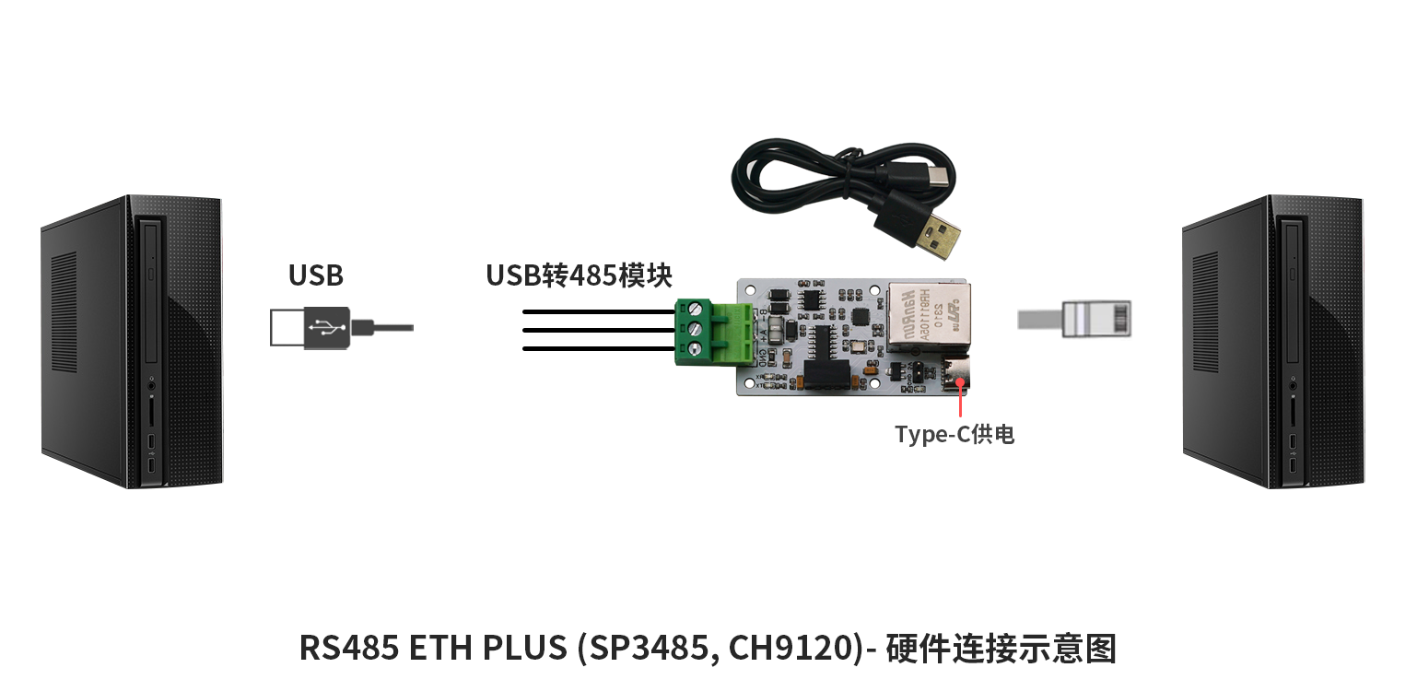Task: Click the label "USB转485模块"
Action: pyautogui.click(x=579, y=275)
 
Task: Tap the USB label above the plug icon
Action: pyautogui.click(x=316, y=275)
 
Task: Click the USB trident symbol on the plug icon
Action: pyautogui.click(x=326, y=328)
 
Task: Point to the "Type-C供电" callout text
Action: pyautogui.click(x=954, y=435)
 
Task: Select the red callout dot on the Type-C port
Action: pyautogui.click(x=960, y=381)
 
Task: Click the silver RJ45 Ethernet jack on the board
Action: pyautogui.click(x=929, y=317)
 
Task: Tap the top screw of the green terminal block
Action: pyautogui.click(x=696, y=310)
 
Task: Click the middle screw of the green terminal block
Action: pyautogui.click(x=695, y=328)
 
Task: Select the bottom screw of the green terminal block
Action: pyautogui.click(x=694, y=348)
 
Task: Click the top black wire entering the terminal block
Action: pyautogui.click(x=599, y=311)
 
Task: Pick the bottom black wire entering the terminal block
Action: pyautogui.click(x=599, y=348)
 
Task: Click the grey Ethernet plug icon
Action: pyautogui.click(x=1075, y=319)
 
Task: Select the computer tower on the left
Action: pyautogui.click(x=133, y=342)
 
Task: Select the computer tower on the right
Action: pyautogui.click(x=1273, y=342)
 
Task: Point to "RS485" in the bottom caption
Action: pyautogui.click(x=348, y=649)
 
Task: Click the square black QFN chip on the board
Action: pyautogui.click(x=861, y=316)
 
